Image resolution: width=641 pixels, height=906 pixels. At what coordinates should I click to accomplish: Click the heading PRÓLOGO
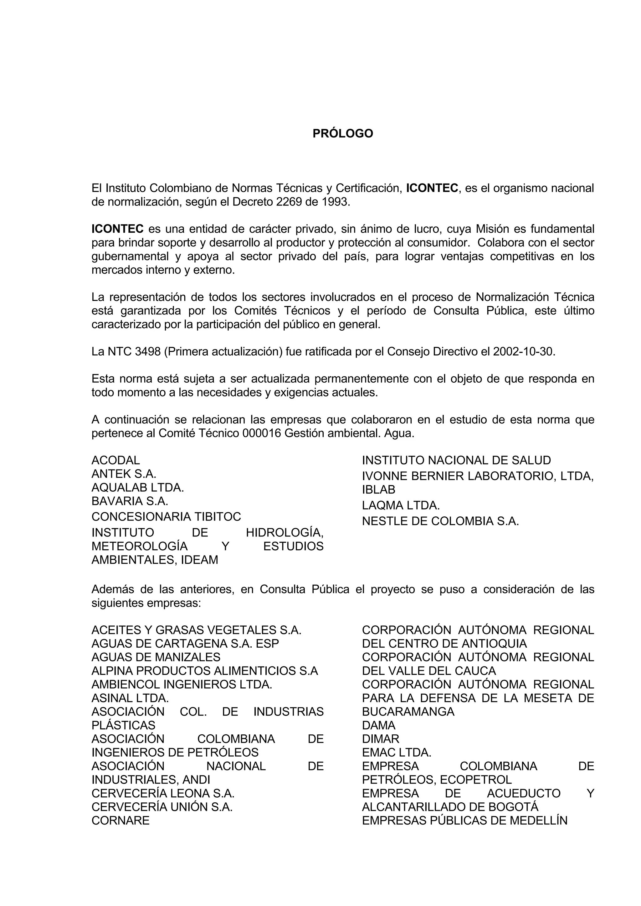point(343,133)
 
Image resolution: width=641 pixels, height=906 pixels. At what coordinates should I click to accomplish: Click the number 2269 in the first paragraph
point(289,202)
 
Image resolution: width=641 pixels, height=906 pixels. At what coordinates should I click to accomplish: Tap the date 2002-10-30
point(523,351)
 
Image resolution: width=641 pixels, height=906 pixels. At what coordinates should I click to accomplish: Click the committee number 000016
point(262,433)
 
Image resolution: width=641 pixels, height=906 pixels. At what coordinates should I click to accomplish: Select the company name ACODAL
point(115,460)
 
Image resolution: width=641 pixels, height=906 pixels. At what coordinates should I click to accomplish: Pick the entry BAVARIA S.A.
point(130,501)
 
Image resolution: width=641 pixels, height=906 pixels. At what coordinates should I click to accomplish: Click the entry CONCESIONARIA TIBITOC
point(166,517)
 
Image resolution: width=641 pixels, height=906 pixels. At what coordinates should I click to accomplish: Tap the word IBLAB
point(378,490)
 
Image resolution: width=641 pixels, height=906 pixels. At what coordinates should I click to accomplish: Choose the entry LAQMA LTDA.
point(401,505)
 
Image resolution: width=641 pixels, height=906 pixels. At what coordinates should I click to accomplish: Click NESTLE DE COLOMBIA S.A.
point(440,521)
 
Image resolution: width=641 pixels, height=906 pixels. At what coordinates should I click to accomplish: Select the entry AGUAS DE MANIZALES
point(156,657)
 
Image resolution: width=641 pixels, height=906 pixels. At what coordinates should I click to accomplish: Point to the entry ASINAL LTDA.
point(130,698)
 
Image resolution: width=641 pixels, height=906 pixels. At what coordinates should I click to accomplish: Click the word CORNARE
point(121,820)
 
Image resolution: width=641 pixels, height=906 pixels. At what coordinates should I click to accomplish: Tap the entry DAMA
point(378,725)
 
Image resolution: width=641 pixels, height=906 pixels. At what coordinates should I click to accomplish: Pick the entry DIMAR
point(381,738)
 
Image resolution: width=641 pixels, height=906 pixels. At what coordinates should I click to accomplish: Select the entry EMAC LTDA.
point(397,752)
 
